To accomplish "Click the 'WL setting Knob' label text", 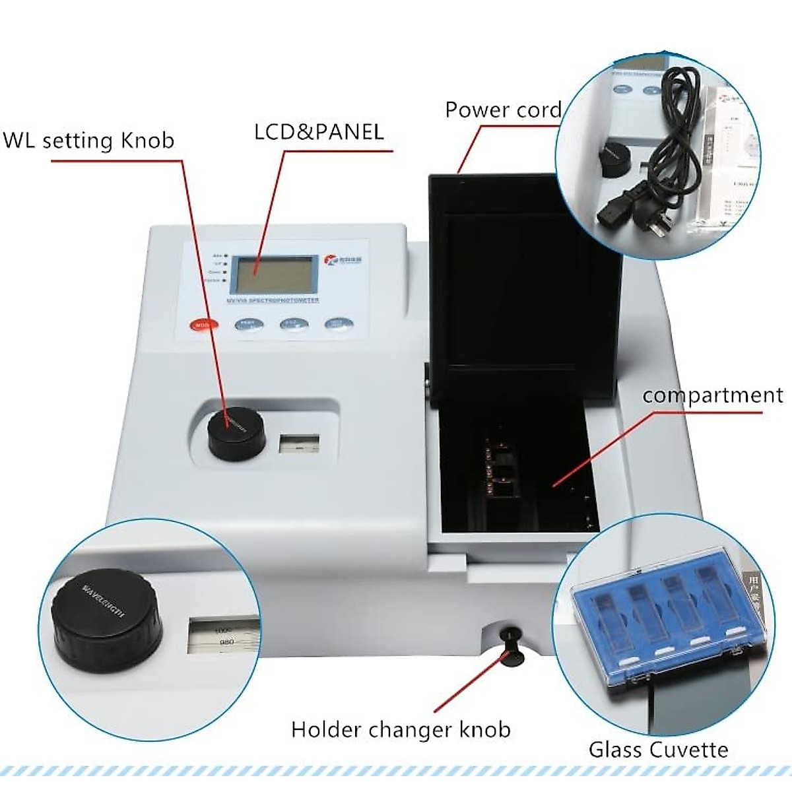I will [89, 141].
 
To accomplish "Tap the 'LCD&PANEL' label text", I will [319, 131].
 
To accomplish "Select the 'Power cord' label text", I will [503, 110].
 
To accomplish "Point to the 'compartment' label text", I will [713, 395].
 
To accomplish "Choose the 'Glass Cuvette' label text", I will [658, 750].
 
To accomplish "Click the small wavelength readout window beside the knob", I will [299, 444].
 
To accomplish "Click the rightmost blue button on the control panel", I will [338, 323].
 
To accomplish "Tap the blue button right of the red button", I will [249, 324].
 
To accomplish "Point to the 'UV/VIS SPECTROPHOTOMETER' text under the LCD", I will [273, 300].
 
